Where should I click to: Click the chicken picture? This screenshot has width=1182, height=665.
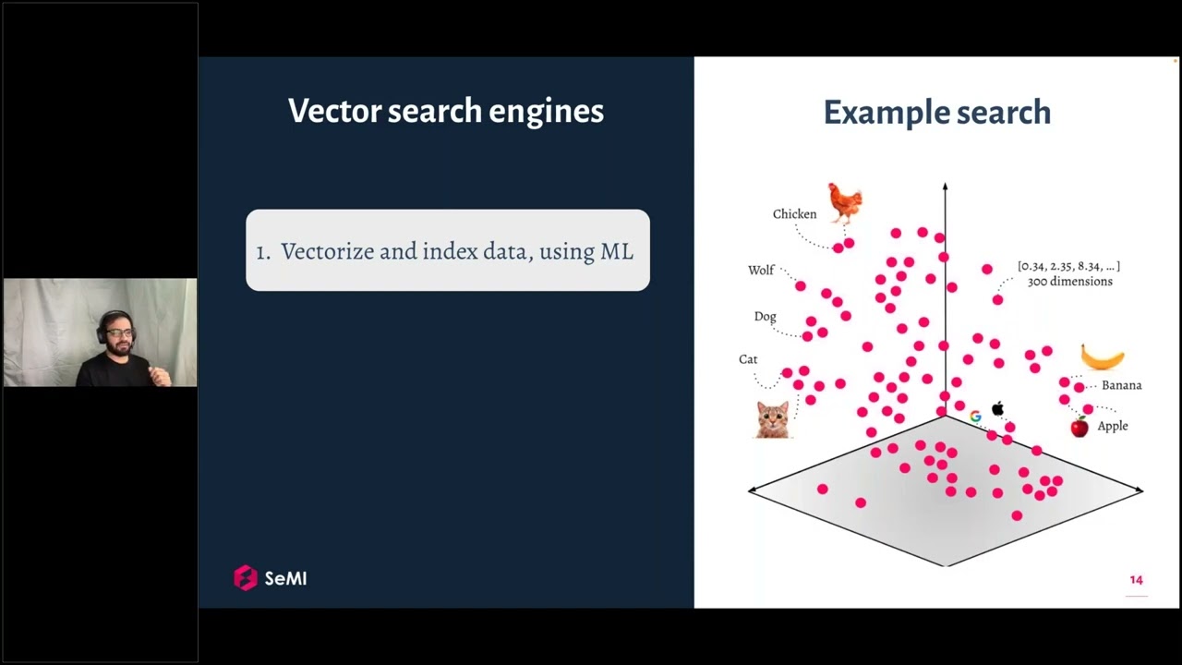point(845,204)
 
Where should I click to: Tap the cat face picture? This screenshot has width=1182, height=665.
point(773,419)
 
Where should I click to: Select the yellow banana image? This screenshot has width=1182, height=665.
point(1103,357)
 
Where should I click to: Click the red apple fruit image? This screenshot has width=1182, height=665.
point(1079,427)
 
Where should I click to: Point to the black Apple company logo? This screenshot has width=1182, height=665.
point(997,408)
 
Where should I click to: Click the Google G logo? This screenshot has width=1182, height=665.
point(976,417)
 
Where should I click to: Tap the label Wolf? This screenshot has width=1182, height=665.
point(761,271)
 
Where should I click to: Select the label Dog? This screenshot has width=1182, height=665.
point(766,317)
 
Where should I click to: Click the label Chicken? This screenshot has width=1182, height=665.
point(795,213)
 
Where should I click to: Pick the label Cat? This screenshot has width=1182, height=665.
point(748,359)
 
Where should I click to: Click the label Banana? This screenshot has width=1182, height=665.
point(1122,385)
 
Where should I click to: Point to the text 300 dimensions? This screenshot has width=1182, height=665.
point(1069,282)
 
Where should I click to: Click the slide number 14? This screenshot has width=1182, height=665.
point(1136,580)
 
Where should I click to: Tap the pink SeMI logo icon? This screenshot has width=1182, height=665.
point(246,578)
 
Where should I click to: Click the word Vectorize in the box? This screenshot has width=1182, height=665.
point(327,251)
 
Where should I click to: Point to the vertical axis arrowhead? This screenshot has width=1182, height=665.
point(945,187)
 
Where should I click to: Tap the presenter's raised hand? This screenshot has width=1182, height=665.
point(160,376)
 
